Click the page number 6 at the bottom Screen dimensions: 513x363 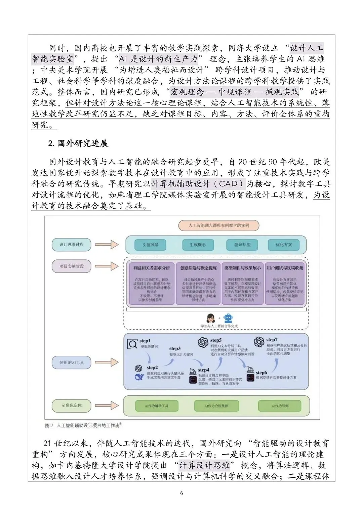[x=182, y=493]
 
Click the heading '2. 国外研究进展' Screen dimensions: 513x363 [x=78, y=143]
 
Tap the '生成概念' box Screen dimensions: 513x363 [x=198, y=245]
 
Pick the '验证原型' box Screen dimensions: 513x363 [x=242, y=245]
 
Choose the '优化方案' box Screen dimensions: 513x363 [x=284, y=245]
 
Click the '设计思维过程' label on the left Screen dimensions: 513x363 [x=71, y=245]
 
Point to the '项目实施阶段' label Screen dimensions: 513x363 [x=72, y=266]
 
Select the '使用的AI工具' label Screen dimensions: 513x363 [x=72, y=362]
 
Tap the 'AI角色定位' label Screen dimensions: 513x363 [x=72, y=405]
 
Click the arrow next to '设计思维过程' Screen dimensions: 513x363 [x=107, y=245]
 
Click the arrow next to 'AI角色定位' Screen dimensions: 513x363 [x=107, y=405]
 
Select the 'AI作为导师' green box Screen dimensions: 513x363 [x=280, y=406]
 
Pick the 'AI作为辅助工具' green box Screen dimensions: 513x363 [x=157, y=406]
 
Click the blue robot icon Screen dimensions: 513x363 [x=229, y=318]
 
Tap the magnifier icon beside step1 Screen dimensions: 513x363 [x=133, y=344]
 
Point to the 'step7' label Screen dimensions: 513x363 [x=272, y=340]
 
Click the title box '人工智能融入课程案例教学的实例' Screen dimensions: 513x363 [x=219, y=225]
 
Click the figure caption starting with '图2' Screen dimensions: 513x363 [x=83, y=425]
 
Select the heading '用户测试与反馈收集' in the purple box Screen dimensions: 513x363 [x=285, y=268]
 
